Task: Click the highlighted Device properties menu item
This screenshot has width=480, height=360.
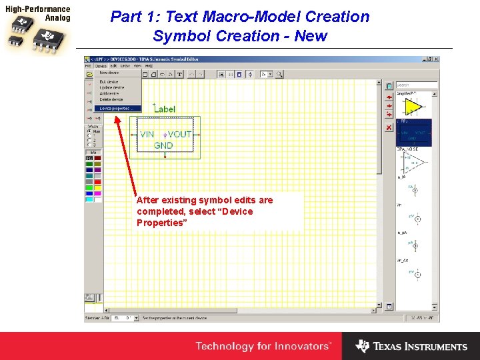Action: tap(117, 108)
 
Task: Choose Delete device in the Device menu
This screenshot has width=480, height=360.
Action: tap(111, 99)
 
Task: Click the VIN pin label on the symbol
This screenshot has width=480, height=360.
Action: tap(147, 135)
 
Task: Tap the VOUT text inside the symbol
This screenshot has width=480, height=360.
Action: tap(180, 135)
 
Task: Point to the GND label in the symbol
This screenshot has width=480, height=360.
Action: tap(163, 145)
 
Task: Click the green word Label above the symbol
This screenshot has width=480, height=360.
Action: tap(164, 109)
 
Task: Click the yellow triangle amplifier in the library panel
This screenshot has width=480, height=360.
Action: tap(414, 107)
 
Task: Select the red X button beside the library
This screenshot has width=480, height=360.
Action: tap(389, 127)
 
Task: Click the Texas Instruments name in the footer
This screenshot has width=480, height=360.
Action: tap(419, 347)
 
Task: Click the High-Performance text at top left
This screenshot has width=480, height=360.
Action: tap(37, 10)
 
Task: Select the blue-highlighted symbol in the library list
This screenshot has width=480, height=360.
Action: tap(414, 133)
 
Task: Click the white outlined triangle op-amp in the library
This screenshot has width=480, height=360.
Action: tap(414, 162)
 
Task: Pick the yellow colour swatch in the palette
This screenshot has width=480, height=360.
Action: tap(98, 188)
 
